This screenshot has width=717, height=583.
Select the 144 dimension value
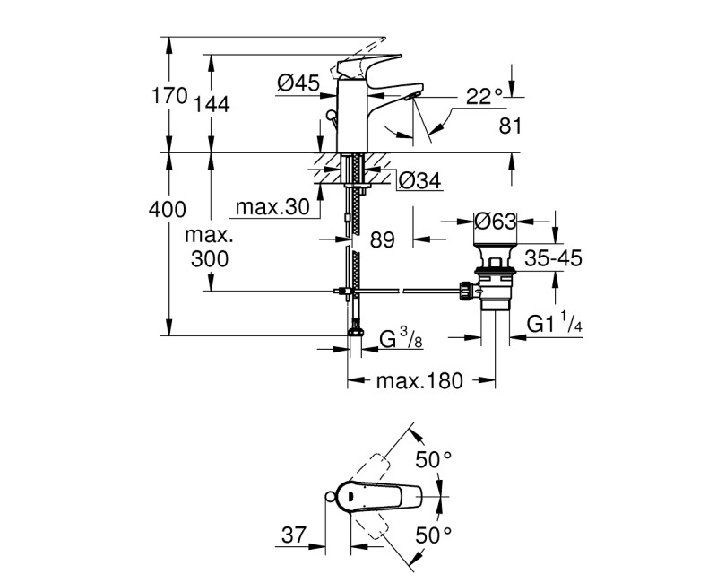[212, 105]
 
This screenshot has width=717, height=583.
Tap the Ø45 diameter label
[298, 83]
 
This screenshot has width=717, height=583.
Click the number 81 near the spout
[509, 126]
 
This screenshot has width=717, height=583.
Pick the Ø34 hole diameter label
[418, 180]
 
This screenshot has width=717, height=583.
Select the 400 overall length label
[168, 210]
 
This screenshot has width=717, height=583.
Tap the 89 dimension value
[382, 239]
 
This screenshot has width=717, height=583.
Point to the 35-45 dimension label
[554, 259]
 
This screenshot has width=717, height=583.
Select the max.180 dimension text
[419, 381]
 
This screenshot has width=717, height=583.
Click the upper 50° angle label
[433, 460]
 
